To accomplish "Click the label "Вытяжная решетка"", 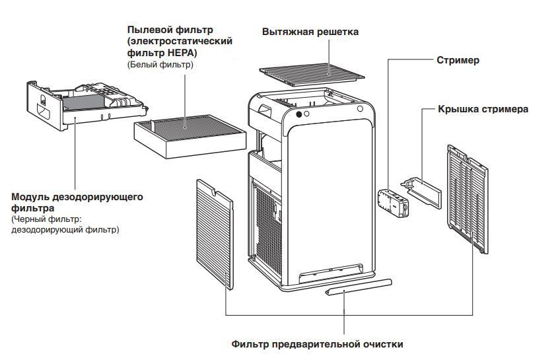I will pyautogui.click(x=310, y=32).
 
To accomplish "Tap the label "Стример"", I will pyautogui.click(x=458, y=60).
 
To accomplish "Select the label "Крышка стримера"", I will pyautogui.click(x=483, y=109).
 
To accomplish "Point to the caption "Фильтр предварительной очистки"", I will pyautogui.click(x=317, y=344).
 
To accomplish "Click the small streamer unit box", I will pyautogui.click(x=394, y=202).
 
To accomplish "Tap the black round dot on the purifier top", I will pyautogui.click(x=299, y=114).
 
